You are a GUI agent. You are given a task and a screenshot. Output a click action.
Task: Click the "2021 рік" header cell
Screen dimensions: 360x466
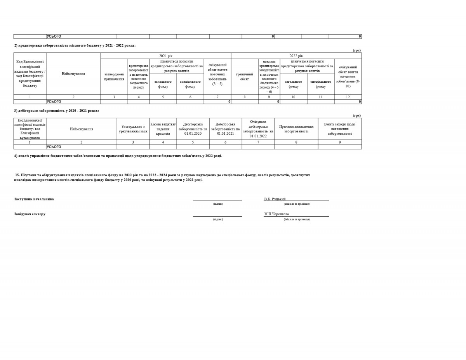click(166, 56)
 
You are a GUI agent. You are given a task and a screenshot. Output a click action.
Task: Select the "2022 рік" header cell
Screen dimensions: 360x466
click(296, 56)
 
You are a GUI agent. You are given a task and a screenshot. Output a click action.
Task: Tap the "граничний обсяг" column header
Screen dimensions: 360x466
click(245, 77)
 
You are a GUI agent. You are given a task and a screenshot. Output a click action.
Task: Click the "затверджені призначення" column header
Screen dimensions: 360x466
click(114, 77)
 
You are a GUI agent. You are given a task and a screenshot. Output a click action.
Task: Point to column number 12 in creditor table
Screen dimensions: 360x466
click(348, 97)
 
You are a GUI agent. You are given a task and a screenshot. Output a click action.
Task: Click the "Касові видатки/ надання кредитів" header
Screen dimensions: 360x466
click(163, 129)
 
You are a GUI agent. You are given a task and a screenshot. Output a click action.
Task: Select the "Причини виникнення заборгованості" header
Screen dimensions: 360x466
click(296, 129)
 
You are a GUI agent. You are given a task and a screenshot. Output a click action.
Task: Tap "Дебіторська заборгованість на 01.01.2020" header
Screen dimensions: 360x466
click(193, 129)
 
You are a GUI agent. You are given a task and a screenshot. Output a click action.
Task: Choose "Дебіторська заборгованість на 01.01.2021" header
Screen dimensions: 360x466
click(225, 129)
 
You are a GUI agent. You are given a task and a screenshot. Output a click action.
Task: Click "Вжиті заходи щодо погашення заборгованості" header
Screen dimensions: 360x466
click(340, 129)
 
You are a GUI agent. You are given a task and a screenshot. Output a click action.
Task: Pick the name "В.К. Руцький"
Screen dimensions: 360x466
click(275, 199)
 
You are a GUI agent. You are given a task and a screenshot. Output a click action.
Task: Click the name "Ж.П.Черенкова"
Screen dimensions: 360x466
click(276, 214)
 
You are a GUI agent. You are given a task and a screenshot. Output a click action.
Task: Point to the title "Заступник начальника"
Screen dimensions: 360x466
click(34, 199)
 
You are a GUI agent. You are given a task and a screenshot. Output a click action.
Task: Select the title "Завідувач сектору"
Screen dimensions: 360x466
click(30, 214)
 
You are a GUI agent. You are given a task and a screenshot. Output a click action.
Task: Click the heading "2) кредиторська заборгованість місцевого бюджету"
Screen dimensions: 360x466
click(75, 46)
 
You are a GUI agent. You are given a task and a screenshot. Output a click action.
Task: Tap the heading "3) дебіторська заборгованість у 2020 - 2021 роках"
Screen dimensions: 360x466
click(57, 111)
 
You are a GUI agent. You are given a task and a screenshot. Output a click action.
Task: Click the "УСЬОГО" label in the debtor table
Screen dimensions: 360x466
click(54, 147)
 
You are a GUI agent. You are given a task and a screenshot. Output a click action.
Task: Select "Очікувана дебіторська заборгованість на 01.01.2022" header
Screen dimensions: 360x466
click(258, 129)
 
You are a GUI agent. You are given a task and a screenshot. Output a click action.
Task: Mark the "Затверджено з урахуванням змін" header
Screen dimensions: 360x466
click(133, 129)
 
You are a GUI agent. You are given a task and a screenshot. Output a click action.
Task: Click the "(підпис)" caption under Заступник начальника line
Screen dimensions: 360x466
click(218, 204)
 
